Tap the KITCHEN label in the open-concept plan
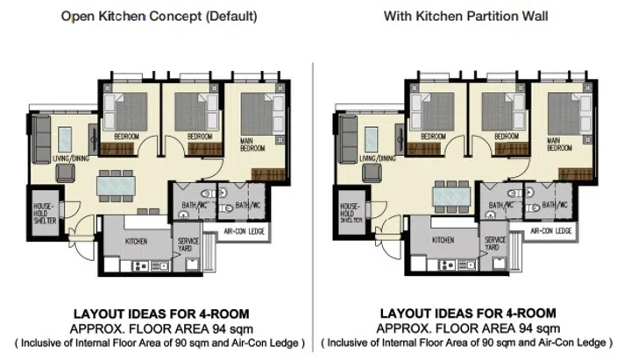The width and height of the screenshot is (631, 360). click(137, 240)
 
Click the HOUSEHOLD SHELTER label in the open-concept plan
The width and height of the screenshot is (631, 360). click(45, 214)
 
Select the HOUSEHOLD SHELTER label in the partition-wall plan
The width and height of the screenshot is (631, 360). click(350, 214)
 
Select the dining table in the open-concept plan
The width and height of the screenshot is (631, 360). click(117, 186)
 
